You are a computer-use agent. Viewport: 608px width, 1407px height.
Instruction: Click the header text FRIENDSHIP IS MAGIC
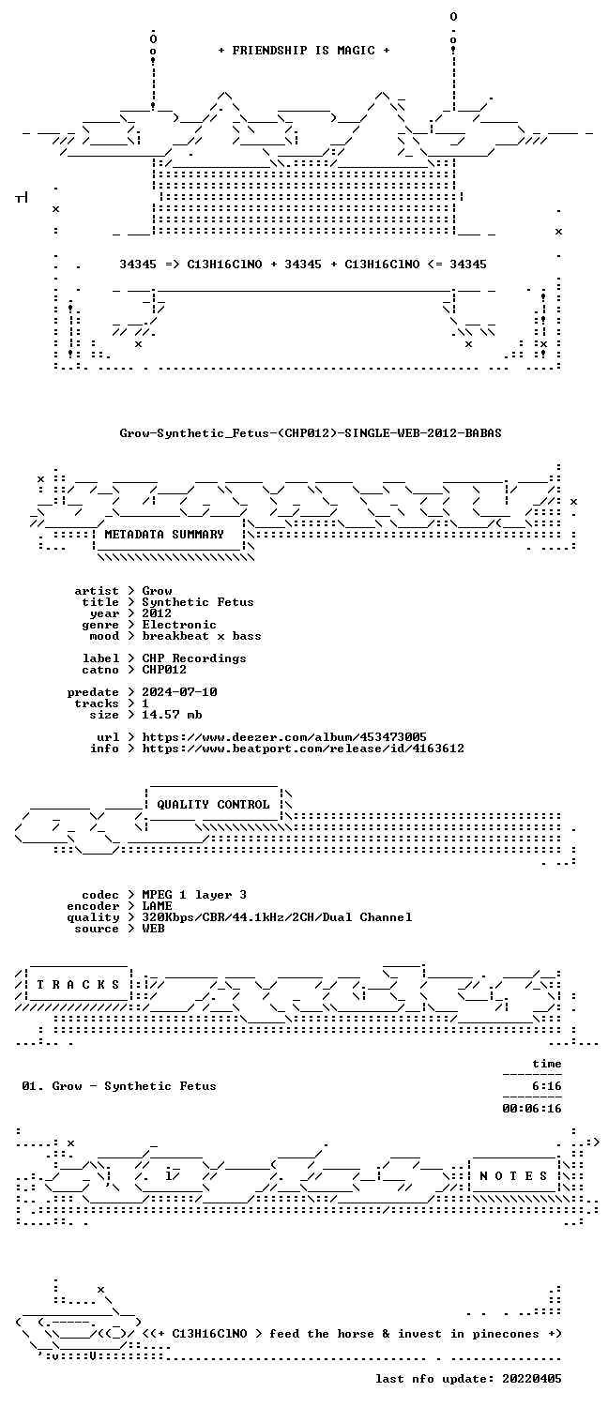coord(304,51)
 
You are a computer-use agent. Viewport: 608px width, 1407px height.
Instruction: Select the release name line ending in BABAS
coord(311,432)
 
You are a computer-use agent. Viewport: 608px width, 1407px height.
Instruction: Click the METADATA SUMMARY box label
coord(164,535)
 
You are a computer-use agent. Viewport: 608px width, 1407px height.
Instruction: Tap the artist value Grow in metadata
coord(157,591)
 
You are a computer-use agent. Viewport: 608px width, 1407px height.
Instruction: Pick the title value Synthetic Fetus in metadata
coord(198,602)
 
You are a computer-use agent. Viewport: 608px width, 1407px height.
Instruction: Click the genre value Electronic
coord(179,625)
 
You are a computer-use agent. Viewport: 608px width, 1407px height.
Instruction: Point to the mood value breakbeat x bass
coord(202,636)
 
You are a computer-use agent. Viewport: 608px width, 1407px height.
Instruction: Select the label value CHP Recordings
coord(194,658)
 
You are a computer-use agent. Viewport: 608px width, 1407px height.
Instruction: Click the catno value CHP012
coord(164,670)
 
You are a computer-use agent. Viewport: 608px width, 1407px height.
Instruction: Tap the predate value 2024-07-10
coord(179,692)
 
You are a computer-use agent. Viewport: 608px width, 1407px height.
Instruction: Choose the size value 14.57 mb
coord(172,715)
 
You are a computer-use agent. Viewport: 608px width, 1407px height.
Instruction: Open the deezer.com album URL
coord(284,737)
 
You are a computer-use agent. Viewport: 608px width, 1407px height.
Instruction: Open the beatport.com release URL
coord(303,749)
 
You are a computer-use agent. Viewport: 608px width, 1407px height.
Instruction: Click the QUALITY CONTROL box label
coord(213,805)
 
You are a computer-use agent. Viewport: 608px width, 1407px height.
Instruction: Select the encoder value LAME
coord(157,906)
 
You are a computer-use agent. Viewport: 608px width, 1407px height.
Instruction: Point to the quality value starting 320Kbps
coord(277,917)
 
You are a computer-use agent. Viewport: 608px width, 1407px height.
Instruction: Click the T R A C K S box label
coord(78,985)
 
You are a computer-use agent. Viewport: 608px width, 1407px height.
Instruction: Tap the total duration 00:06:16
coord(532,1110)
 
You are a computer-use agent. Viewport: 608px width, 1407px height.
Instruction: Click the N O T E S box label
coord(513,1176)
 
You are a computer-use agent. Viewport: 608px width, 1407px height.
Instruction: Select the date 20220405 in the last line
coord(532,1379)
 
